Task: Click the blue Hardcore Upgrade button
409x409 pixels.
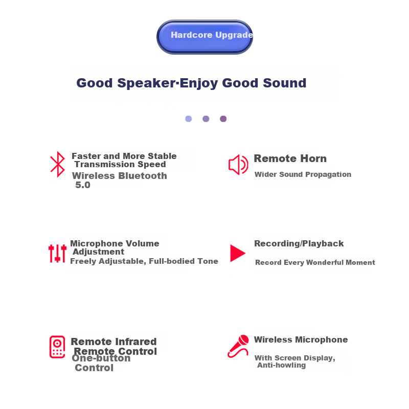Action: coord(205,37)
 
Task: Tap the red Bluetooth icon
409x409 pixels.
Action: coord(58,164)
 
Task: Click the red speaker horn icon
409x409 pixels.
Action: coord(238,165)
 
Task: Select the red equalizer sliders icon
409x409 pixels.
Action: coord(57,253)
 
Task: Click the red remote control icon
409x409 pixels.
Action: coord(57,347)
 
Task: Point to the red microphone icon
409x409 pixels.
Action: coord(238,346)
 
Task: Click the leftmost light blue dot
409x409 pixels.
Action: coord(189,119)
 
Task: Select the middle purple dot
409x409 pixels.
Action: coord(206,119)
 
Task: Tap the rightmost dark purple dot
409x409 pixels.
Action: coord(223,119)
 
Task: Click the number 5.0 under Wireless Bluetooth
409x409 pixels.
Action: coord(83,185)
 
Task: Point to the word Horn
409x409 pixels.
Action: coord(313,158)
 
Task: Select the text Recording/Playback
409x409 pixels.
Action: coord(299,244)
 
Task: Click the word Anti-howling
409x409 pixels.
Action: coord(282,365)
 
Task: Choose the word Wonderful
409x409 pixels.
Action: coord(322,262)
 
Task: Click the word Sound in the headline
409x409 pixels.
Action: coord(285,83)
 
